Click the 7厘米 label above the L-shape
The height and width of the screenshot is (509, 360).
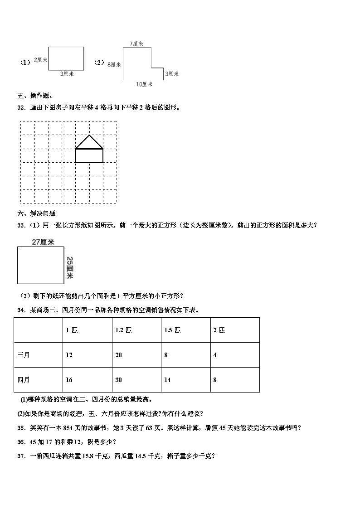click(136, 44)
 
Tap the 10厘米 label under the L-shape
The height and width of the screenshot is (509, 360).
click(144, 84)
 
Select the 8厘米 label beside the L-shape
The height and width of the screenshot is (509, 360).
click(114, 65)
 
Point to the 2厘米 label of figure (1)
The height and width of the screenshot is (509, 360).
click(41, 60)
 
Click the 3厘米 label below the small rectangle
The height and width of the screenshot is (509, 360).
click(67, 73)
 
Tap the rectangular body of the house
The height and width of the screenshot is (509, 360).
click(89, 155)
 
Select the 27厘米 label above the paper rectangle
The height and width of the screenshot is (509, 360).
click(43, 242)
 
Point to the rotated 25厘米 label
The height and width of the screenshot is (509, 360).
click(70, 268)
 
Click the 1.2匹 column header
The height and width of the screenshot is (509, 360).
click(123, 330)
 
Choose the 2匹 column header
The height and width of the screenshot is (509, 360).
click(219, 330)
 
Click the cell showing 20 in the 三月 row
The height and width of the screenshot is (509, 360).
click(119, 355)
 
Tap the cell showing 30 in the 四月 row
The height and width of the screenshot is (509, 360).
click(119, 380)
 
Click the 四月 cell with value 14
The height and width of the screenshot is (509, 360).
click(167, 380)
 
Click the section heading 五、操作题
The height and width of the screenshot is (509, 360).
click(35, 96)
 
